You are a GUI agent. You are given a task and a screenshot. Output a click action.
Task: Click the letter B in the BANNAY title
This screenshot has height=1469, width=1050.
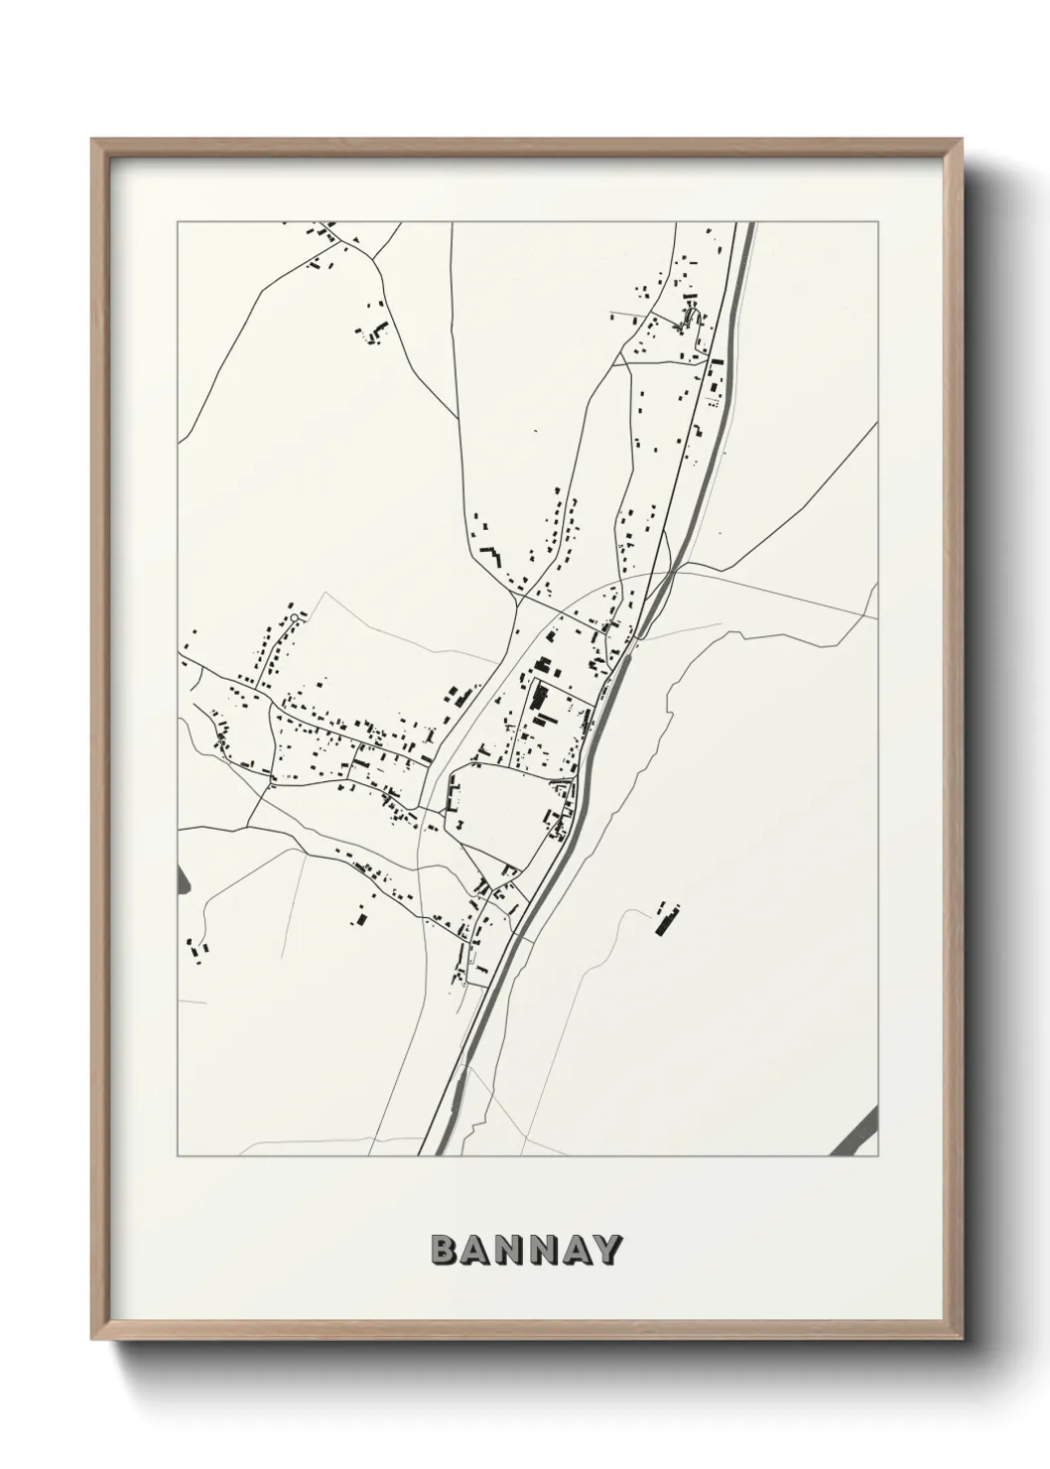click(443, 1251)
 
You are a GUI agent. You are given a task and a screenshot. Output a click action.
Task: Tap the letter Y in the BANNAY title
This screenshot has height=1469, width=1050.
click(608, 1251)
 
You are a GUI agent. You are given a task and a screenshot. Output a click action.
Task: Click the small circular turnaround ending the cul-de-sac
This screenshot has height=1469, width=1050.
click(295, 619)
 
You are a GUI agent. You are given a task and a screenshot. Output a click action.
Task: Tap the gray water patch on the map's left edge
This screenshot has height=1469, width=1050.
click(182, 878)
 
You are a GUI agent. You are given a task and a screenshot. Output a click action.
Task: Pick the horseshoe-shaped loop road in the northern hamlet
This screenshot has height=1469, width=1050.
click(691, 319)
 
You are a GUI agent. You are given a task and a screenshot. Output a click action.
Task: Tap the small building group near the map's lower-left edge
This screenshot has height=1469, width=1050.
click(196, 949)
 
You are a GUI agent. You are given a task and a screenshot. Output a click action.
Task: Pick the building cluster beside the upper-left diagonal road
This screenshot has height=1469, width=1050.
click(374, 333)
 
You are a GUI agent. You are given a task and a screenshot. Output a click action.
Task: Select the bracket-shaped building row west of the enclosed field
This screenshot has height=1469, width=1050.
click(455, 793)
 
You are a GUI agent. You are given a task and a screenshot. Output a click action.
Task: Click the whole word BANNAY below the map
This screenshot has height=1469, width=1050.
click(526, 1251)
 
